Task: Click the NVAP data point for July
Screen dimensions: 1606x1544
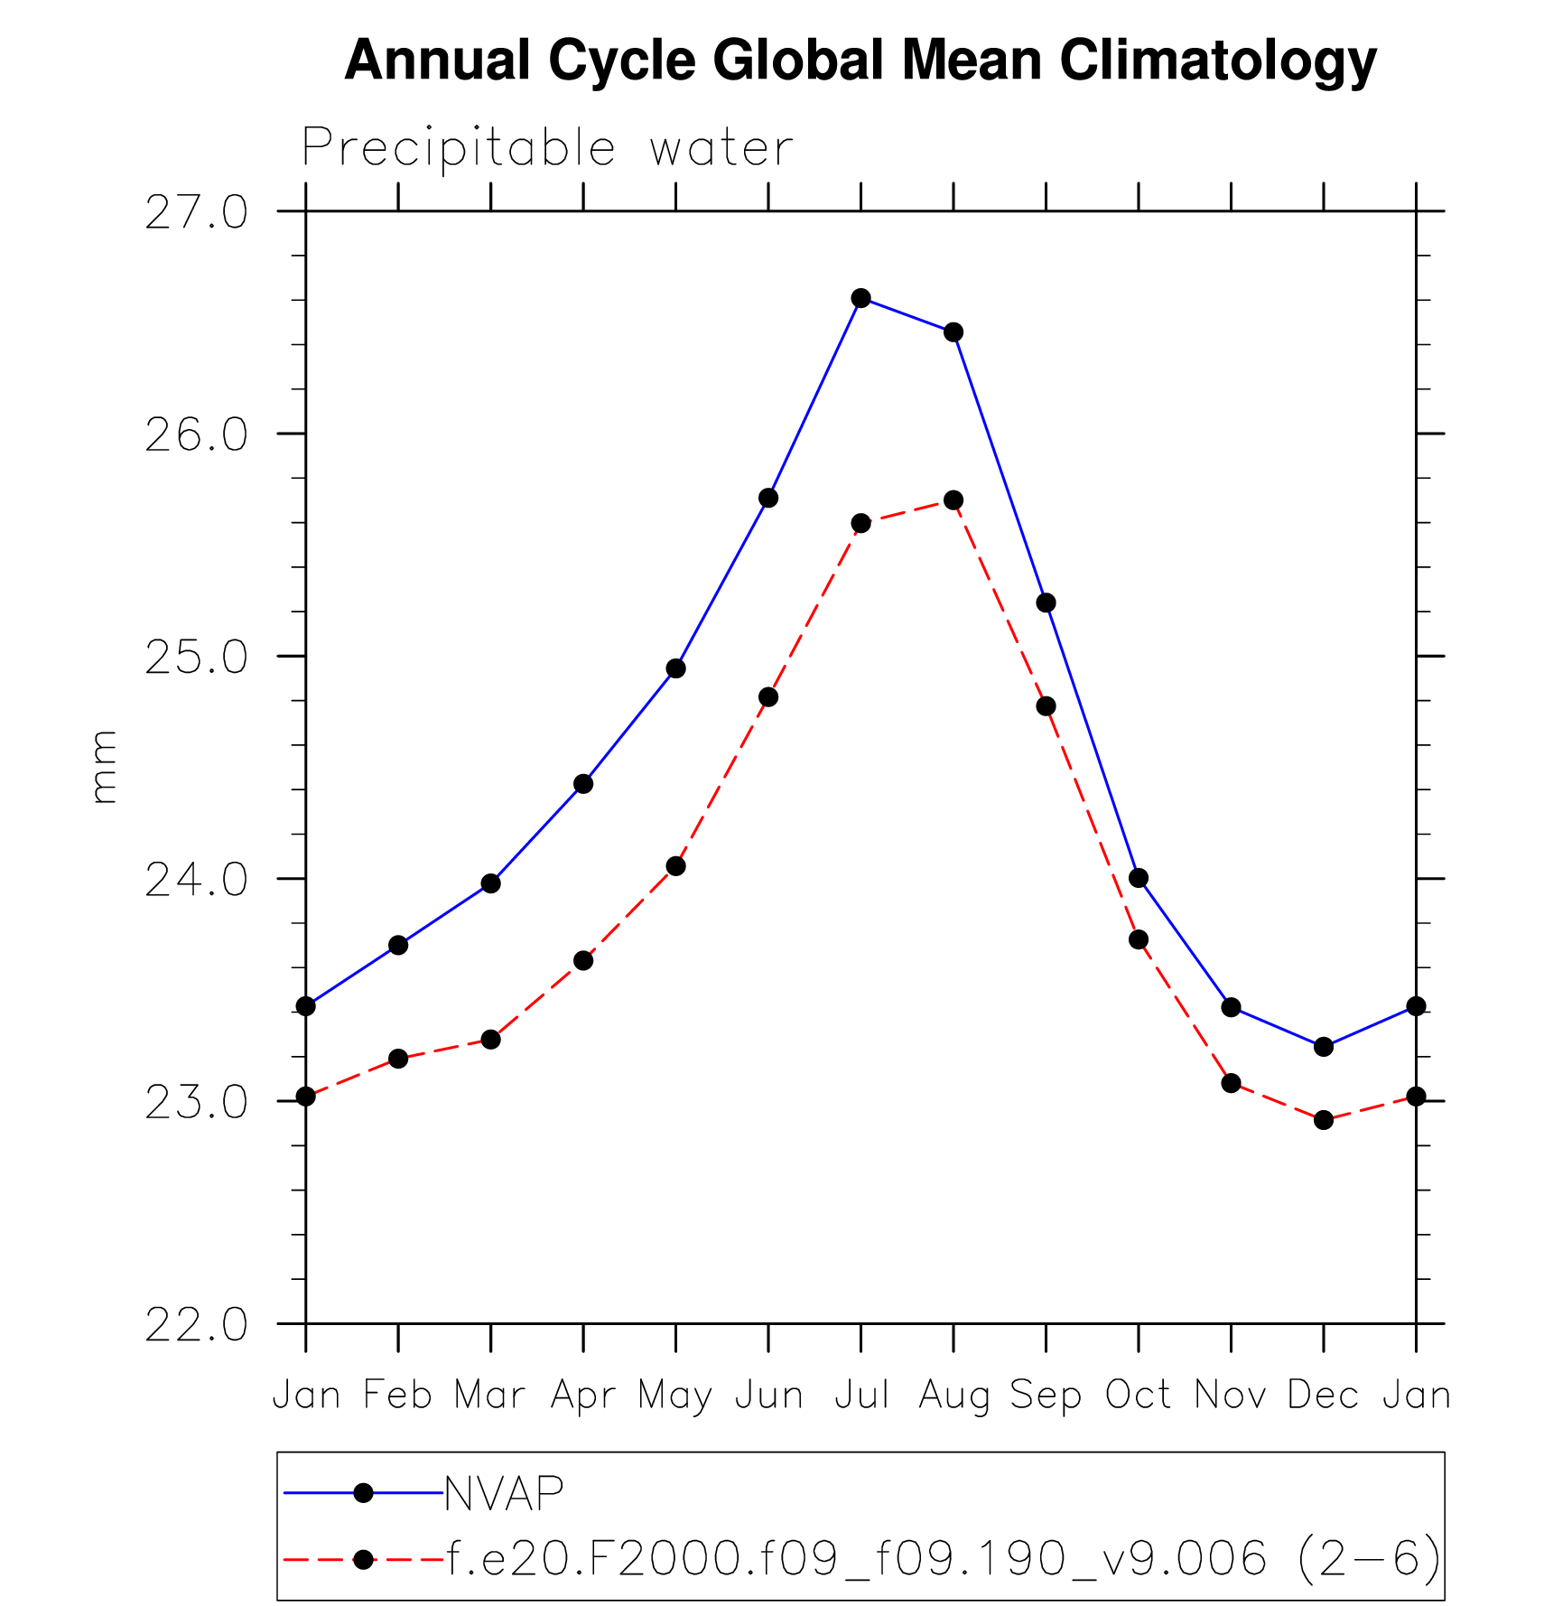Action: pyautogui.click(x=860, y=298)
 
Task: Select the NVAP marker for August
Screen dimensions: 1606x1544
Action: pyautogui.click(x=953, y=332)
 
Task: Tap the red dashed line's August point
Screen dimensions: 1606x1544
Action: pyautogui.click(x=953, y=500)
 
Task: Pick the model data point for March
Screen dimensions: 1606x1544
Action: pyautogui.click(x=490, y=1040)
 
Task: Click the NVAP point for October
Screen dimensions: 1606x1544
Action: pyautogui.click(x=1139, y=878)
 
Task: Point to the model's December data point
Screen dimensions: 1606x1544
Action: pyautogui.click(x=1324, y=1120)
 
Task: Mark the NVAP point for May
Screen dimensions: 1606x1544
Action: pyautogui.click(x=675, y=668)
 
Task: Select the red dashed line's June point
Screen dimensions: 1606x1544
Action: pyautogui.click(x=768, y=697)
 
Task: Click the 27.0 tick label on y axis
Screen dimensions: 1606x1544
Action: pyautogui.click(x=196, y=213)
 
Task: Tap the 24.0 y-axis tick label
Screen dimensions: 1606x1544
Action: pyautogui.click(x=196, y=880)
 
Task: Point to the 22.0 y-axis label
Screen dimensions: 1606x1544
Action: pyautogui.click(x=196, y=1325)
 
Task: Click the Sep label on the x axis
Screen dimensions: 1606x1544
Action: pyautogui.click(x=1046, y=1396)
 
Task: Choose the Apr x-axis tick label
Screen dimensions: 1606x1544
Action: pyautogui.click(x=583, y=1396)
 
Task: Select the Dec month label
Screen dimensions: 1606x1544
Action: pyautogui.click(x=1324, y=1396)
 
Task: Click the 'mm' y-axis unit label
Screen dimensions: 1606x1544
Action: pyautogui.click(x=104, y=767)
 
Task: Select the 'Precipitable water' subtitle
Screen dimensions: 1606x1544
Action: pyautogui.click(x=547, y=147)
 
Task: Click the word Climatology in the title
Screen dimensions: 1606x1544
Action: pyautogui.click(x=1217, y=61)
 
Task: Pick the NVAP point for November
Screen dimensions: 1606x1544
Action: pyautogui.click(x=1231, y=1007)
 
